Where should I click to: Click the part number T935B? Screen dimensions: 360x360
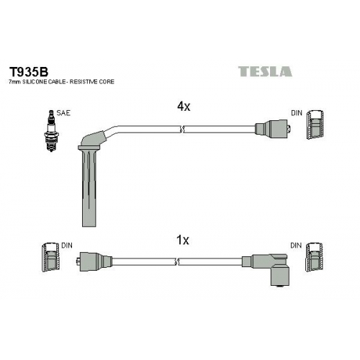(x=29, y=71)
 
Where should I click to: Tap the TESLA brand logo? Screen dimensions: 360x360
(x=265, y=71)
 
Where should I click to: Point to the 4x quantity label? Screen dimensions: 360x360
(x=184, y=107)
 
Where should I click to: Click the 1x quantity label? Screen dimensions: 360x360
(x=183, y=240)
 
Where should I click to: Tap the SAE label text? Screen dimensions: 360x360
(x=63, y=113)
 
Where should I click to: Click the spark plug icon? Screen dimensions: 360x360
(x=51, y=131)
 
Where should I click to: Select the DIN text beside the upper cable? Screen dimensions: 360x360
(x=297, y=113)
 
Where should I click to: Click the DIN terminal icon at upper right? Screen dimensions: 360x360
(x=315, y=125)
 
